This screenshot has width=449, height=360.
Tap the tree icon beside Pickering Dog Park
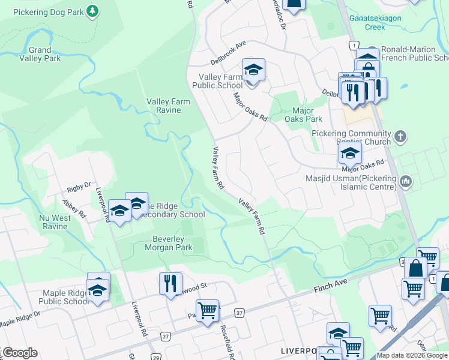pos(92,11)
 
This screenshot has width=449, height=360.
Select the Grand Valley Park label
pos(40,54)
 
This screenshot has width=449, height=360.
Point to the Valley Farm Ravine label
pos(169,106)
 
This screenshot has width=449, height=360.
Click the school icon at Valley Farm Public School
pos(253,71)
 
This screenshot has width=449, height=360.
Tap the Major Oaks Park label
pos(307,115)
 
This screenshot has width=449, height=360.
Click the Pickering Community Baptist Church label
pos(352,137)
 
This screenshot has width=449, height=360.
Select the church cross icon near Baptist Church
pos(401,137)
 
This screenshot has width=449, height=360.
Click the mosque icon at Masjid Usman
pos(406,181)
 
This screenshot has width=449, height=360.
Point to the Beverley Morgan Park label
pos(168,243)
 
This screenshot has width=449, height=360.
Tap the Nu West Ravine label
pos(54,222)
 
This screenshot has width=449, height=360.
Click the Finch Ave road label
pos(331,286)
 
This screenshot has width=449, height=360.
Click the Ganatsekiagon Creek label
pos(383,23)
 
